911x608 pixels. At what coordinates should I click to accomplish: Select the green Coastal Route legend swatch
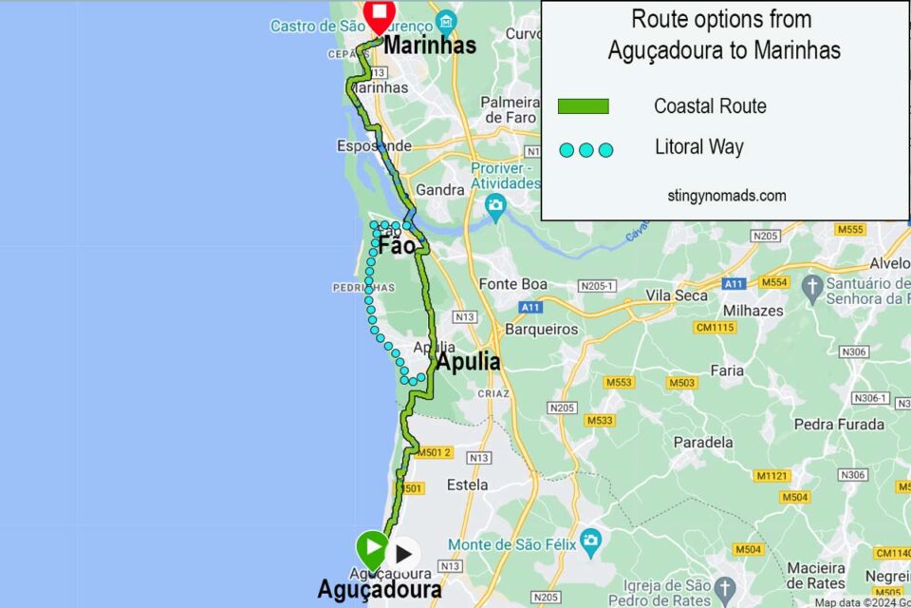(583, 106)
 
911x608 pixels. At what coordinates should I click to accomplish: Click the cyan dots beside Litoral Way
(586, 149)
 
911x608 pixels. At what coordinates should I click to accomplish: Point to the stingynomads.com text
(726, 196)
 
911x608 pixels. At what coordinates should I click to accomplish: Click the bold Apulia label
(468, 362)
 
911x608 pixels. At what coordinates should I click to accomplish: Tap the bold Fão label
(397, 246)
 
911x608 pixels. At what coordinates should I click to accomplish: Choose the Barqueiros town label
(542, 329)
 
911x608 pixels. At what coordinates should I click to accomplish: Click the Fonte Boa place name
(513, 284)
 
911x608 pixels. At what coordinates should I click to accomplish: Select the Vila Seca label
(677, 295)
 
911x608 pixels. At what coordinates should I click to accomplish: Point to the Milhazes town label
(753, 311)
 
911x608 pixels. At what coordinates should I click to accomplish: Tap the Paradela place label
(702, 442)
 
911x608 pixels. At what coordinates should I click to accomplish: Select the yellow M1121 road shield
(772, 475)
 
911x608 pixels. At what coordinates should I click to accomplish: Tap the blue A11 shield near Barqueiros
(530, 307)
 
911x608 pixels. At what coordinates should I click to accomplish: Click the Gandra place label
(440, 190)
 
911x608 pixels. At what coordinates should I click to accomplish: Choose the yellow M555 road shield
(850, 229)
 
